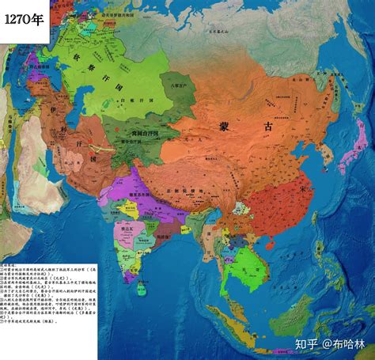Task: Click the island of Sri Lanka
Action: coord(150,282)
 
